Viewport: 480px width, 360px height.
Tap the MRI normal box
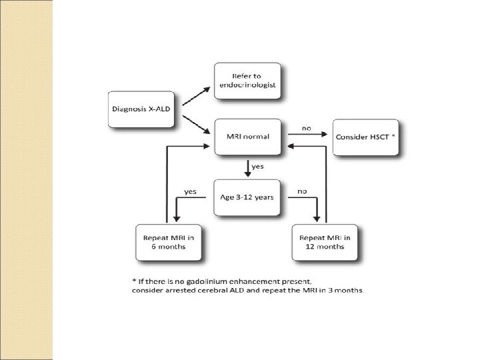point(247,136)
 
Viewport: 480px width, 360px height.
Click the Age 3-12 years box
point(247,197)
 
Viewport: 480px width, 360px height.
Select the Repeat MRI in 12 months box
point(323,242)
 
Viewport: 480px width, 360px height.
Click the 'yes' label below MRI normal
point(257,167)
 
